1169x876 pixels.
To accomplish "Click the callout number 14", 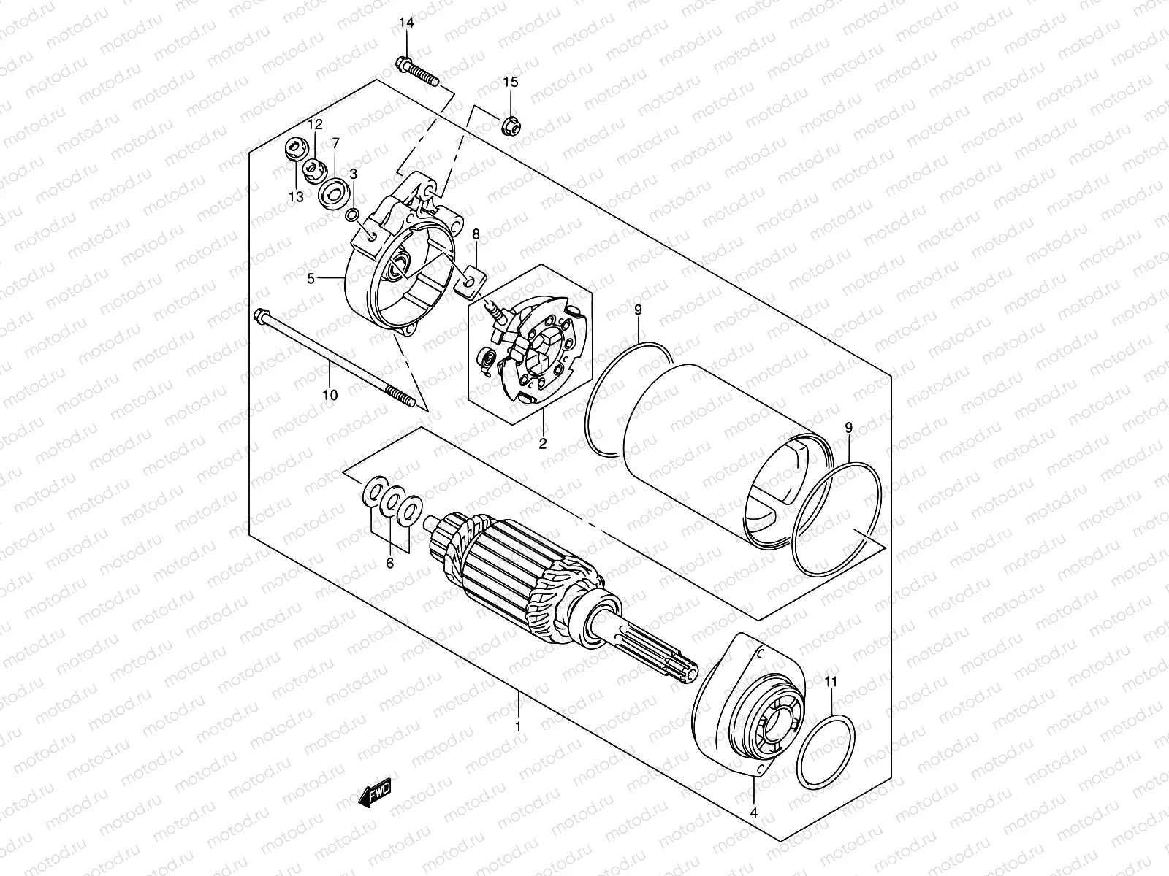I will (406, 23).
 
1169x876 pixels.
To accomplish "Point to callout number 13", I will (296, 196).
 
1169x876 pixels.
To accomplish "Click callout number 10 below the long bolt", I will (330, 395).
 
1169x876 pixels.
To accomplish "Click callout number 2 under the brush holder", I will (544, 443).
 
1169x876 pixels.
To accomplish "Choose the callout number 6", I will (389, 563).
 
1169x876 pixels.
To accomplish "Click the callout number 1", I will (518, 727).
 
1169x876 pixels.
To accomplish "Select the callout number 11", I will (831, 682).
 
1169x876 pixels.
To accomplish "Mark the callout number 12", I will (315, 124).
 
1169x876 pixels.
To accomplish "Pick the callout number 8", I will (476, 234).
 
